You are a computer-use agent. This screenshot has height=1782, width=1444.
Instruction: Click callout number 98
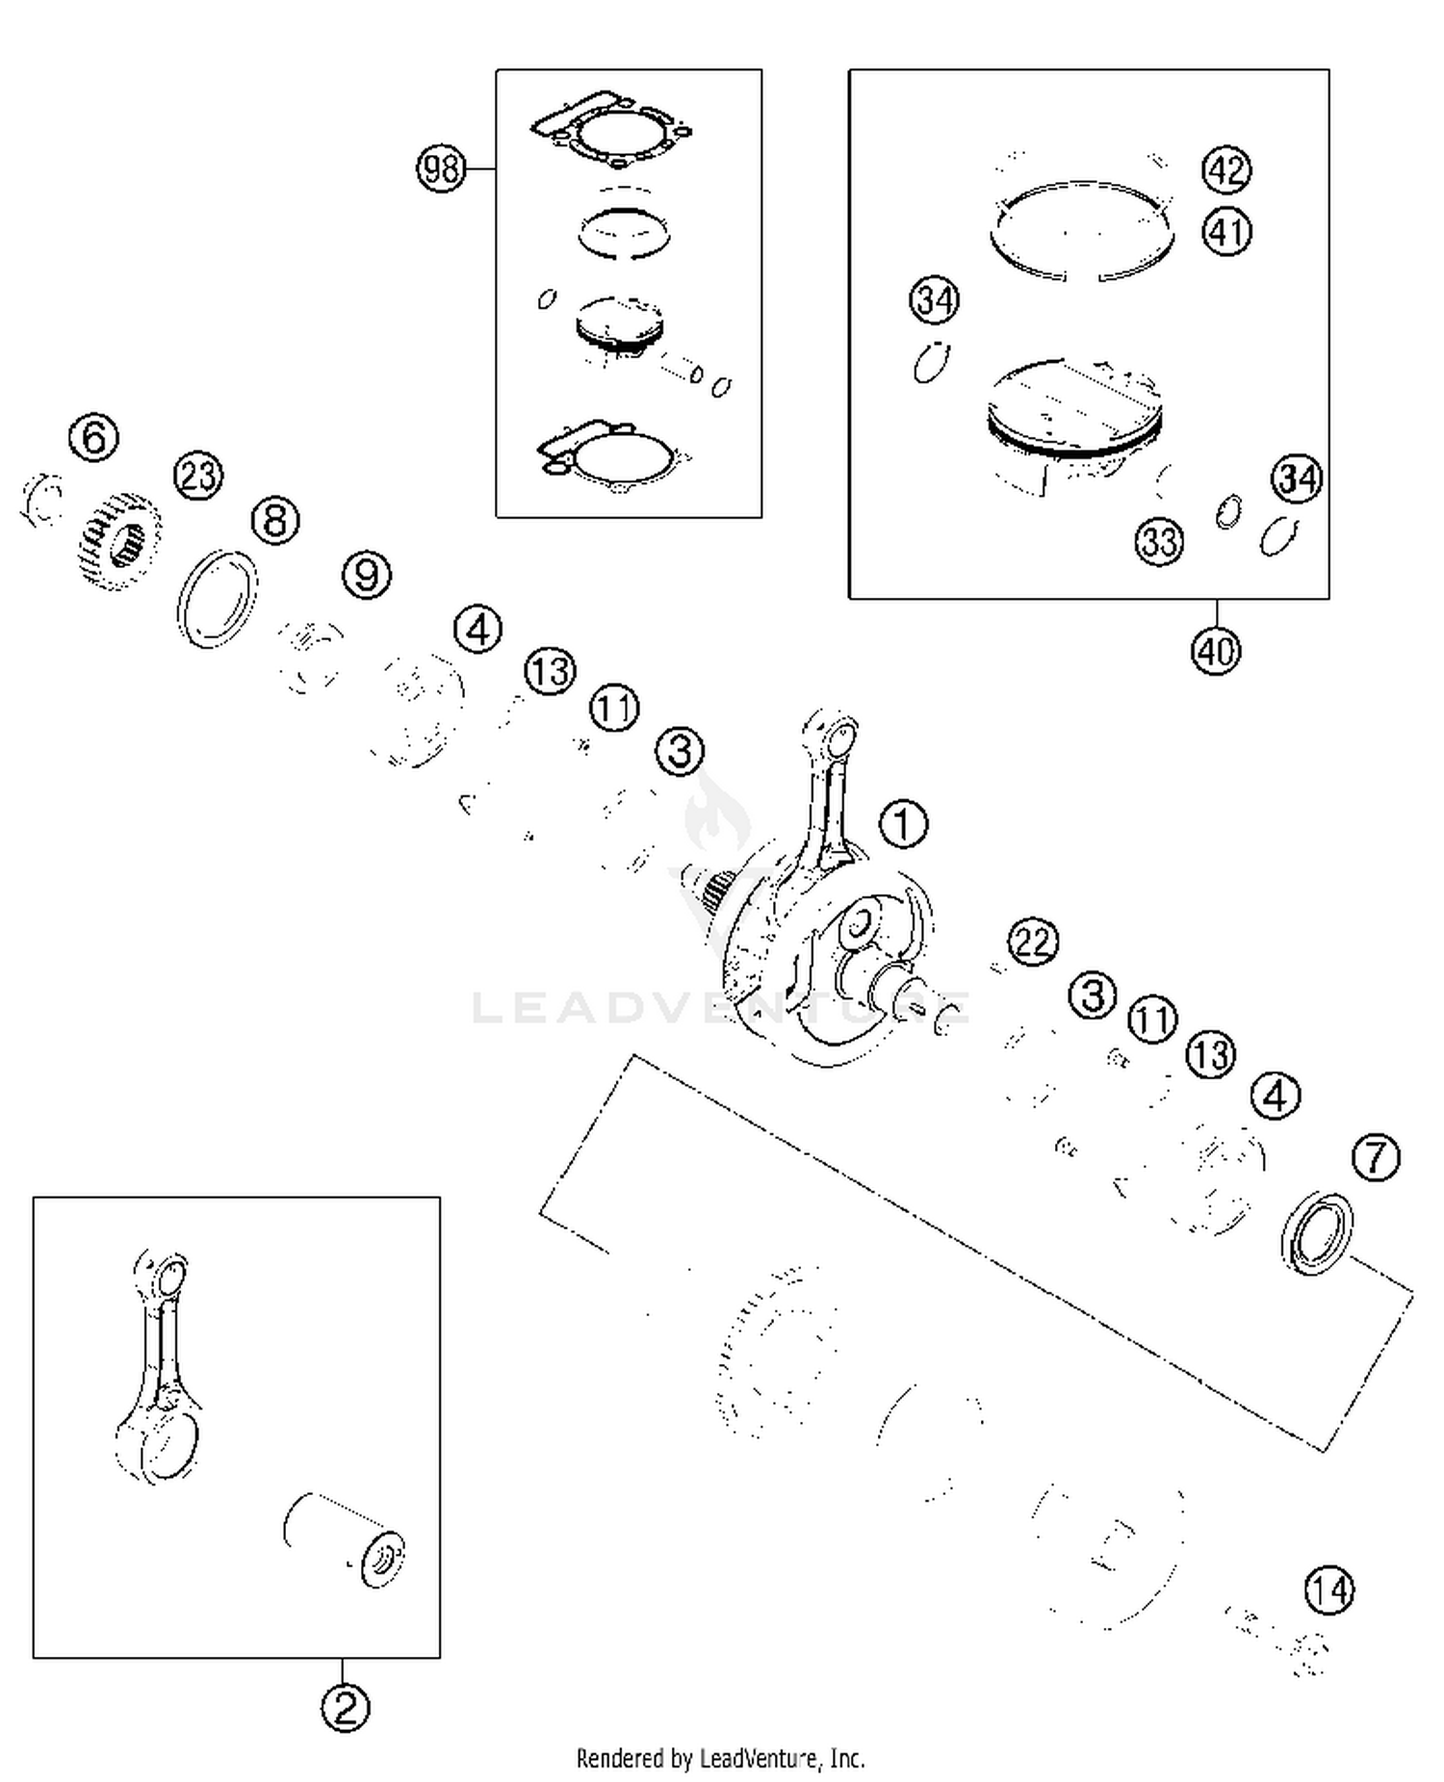[441, 168]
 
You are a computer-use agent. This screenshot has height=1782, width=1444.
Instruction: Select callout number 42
[1226, 169]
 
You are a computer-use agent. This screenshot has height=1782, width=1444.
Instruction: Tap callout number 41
[1226, 232]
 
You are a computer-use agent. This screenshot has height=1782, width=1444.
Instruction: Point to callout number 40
[1216, 651]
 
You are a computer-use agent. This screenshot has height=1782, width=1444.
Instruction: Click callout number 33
[1159, 542]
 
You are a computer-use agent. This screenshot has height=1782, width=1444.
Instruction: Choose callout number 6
[94, 438]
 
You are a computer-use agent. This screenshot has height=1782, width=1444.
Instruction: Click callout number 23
[198, 476]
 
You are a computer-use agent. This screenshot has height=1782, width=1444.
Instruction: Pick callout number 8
[275, 521]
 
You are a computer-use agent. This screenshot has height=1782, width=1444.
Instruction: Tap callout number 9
[367, 575]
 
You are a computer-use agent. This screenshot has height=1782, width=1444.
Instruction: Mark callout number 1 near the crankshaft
[903, 824]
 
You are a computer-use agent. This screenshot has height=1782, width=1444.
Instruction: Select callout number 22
[1033, 942]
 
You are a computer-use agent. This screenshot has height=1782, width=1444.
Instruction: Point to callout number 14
[1329, 1590]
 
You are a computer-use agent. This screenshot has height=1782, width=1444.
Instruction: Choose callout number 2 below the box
[345, 1707]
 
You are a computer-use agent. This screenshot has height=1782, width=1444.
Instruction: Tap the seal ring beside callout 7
[1316, 1233]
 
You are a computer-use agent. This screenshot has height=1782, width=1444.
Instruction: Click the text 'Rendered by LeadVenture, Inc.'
[720, 1759]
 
